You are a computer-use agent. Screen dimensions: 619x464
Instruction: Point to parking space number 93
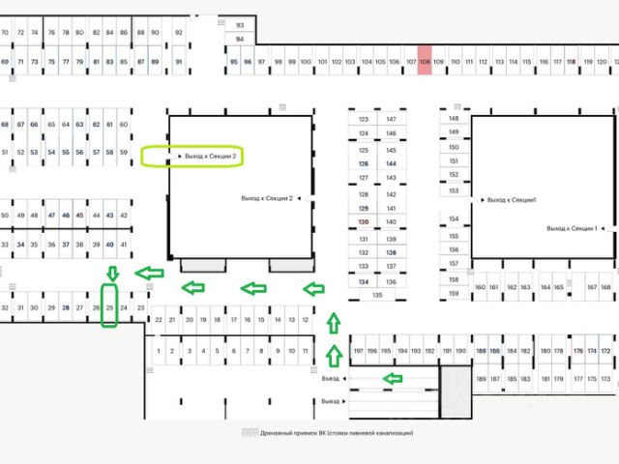tap(240, 24)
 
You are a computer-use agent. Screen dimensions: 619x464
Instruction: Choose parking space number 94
tap(240, 40)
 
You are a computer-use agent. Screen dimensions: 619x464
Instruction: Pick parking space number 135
tap(377, 295)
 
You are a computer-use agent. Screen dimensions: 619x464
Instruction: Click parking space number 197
tap(358, 351)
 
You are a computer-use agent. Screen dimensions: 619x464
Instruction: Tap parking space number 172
tap(606, 351)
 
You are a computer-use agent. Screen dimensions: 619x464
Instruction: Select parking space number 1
tap(158, 351)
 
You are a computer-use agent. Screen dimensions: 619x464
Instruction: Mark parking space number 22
tap(158, 319)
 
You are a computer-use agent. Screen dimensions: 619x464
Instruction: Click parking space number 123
tap(364, 120)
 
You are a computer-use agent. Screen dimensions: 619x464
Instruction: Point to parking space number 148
tap(454, 120)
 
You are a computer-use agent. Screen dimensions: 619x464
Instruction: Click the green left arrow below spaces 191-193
tap(393, 378)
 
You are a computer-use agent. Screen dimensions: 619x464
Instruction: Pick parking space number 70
tap(6, 33)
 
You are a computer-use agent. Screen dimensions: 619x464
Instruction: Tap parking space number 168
tap(606, 287)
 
